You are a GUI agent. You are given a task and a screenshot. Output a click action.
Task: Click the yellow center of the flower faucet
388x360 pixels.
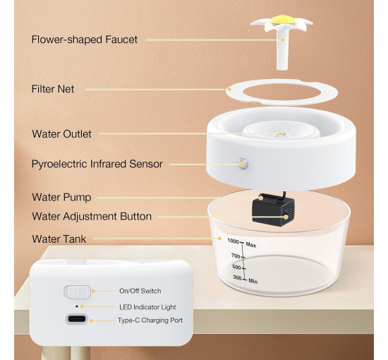(281, 19)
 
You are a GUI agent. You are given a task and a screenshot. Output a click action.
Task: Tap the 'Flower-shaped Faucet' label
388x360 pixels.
(85, 40)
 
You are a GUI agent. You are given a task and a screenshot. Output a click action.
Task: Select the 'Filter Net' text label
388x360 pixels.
(53, 89)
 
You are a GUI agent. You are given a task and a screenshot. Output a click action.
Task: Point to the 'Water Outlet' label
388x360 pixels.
(61, 134)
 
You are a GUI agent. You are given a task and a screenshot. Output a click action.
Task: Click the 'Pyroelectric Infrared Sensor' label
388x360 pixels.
(97, 164)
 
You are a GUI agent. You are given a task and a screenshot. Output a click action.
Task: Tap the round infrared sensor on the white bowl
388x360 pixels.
(243, 164)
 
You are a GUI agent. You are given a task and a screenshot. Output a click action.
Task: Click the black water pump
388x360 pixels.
(273, 210)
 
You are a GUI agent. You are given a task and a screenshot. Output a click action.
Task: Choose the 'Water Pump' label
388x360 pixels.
(61, 198)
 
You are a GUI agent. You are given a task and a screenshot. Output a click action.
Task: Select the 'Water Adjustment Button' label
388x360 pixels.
(92, 217)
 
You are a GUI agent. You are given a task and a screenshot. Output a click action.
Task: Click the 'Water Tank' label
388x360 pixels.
(59, 239)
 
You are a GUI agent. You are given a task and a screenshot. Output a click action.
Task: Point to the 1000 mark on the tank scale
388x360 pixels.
(233, 241)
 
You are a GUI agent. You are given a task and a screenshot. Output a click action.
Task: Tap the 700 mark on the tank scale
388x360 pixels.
(236, 256)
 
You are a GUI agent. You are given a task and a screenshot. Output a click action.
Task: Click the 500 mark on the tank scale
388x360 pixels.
(236, 267)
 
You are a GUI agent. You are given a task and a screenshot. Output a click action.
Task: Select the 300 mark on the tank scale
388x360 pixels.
(237, 278)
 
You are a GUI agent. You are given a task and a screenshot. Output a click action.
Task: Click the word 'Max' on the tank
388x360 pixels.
(251, 245)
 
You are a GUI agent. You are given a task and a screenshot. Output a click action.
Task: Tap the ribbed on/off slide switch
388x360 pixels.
(78, 292)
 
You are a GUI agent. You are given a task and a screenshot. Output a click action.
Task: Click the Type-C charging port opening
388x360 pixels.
(77, 318)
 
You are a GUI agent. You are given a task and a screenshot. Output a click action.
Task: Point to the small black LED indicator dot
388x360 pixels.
(77, 306)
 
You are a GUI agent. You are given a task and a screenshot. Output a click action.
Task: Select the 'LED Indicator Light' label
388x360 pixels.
(147, 307)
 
